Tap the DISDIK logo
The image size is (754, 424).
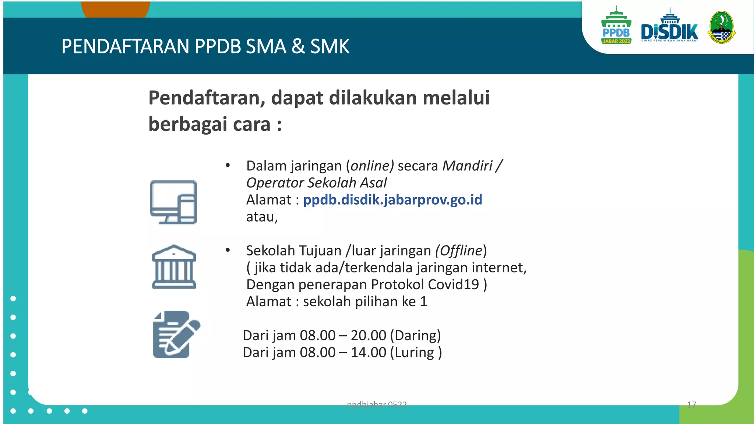669,28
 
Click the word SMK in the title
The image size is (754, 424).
330,47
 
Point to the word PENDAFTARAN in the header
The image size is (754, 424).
125,47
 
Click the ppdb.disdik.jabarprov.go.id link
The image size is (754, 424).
392,200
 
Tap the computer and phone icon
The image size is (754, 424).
173,202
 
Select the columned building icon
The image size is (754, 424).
174,267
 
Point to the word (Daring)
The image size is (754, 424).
415,336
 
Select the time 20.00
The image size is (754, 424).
368,336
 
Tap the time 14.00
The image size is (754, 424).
368,353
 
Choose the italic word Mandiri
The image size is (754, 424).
467,166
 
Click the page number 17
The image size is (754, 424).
691,405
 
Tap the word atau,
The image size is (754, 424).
262,217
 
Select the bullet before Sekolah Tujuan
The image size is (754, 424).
228,251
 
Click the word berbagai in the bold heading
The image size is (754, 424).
188,124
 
